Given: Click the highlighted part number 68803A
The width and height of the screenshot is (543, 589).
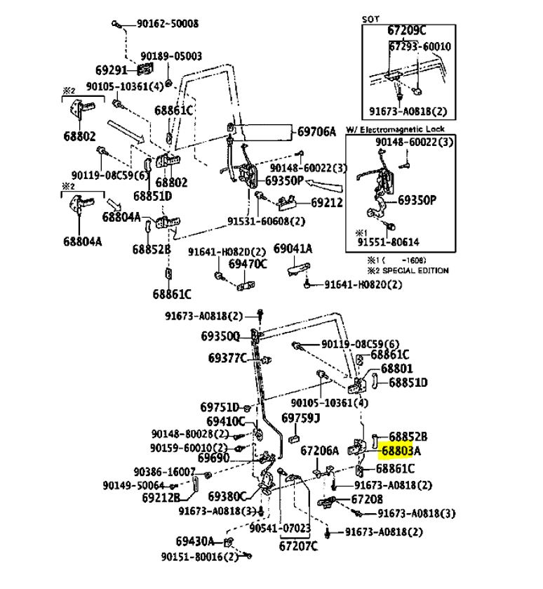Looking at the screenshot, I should (401, 451).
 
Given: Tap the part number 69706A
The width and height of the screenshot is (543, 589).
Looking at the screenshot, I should (316, 131).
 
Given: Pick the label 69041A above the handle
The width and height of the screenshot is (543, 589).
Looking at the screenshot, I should (293, 249).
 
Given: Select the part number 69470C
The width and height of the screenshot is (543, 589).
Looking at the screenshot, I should (248, 264).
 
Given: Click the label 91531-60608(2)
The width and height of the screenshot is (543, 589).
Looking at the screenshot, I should (266, 220).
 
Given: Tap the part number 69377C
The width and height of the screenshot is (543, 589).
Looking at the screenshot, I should (227, 358).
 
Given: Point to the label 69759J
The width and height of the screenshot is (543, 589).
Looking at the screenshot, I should (300, 418).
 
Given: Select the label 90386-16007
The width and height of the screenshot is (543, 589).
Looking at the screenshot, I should (164, 472).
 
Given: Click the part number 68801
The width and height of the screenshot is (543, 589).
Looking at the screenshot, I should (396, 368).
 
